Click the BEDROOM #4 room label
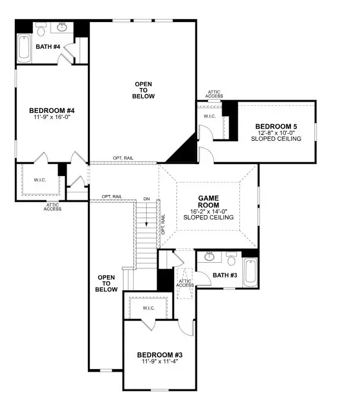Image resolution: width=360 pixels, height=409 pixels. [51, 111]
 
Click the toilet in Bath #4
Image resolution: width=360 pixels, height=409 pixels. [41, 30]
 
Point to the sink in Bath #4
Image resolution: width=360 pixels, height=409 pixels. [61, 27]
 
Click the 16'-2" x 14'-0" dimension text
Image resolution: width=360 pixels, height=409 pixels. [209, 210]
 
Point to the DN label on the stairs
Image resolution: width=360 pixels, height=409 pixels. [146, 199]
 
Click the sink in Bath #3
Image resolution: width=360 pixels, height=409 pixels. [210, 257]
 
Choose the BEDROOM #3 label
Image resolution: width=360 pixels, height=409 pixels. [160, 354]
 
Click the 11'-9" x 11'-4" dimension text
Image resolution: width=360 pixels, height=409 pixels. [160, 361]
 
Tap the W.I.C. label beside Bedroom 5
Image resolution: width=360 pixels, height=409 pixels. [209, 116]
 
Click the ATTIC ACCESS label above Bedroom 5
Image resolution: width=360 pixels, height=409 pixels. [214, 94]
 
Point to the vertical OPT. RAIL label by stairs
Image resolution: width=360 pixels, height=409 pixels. [163, 223]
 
